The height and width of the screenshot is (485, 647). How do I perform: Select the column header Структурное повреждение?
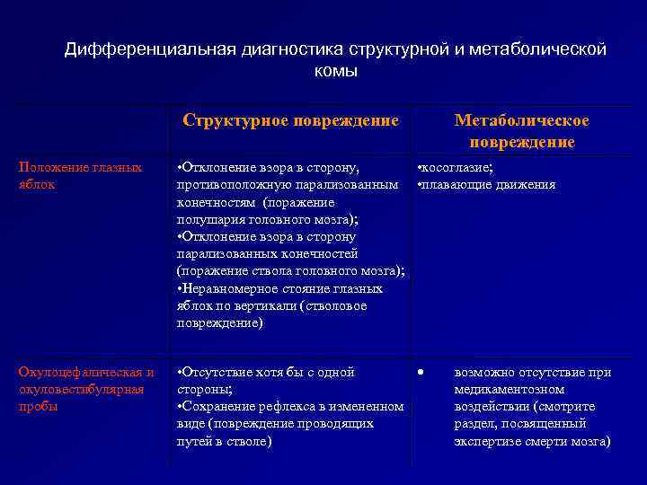[x=290, y=120]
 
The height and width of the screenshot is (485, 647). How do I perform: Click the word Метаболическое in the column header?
[x=521, y=120]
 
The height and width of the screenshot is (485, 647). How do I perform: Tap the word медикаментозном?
[x=509, y=390]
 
